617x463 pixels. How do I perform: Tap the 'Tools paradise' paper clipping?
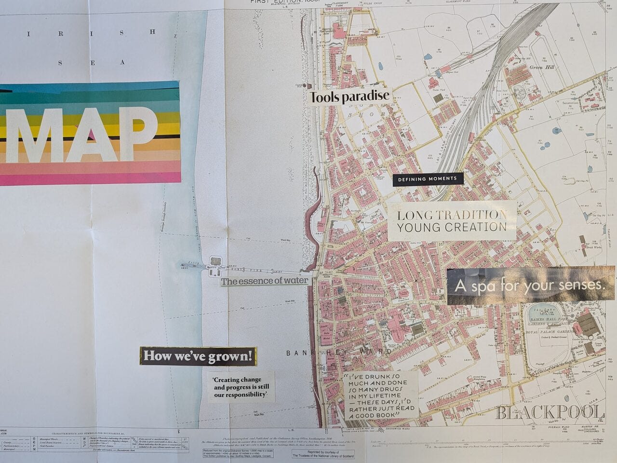point(349,97)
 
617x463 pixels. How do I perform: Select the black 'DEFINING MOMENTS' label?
point(428,179)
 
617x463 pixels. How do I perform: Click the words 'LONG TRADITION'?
point(452,215)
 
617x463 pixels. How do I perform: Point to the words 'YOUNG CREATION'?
point(452,227)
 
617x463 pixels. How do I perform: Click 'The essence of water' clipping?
point(264,281)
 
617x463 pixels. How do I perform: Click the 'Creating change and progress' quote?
point(241,387)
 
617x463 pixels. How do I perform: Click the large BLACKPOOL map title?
point(550,412)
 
